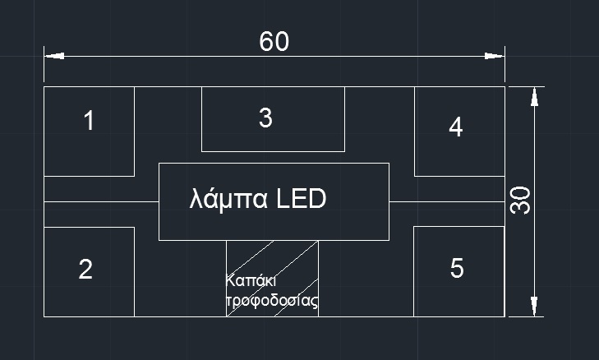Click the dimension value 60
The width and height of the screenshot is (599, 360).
click(274, 42)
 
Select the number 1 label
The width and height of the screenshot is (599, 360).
click(89, 122)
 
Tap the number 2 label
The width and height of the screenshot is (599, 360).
click(85, 270)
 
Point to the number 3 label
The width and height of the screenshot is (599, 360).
click(265, 118)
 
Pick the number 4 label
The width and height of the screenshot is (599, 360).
click(455, 127)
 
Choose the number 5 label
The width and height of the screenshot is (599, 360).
click(458, 268)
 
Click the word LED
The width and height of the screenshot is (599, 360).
click(301, 199)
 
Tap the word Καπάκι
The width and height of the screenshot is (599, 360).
click(251, 279)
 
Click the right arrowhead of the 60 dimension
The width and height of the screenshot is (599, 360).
click(494, 57)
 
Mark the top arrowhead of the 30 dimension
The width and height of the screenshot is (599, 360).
click(535, 96)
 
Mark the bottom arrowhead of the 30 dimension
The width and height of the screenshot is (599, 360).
click(535, 306)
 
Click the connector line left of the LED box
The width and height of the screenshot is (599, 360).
click(100, 201)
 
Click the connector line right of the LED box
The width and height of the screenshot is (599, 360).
click(445, 201)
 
